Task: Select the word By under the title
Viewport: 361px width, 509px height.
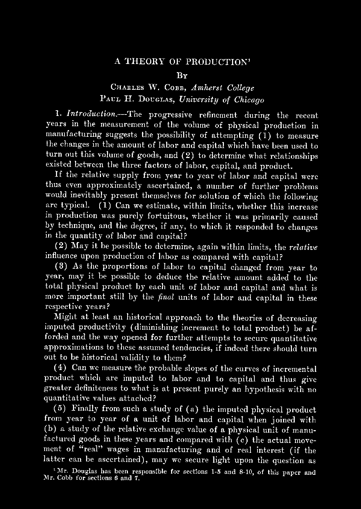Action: pyautogui.click(x=181, y=75)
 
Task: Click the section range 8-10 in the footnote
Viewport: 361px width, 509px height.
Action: pyautogui.click(x=248, y=472)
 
